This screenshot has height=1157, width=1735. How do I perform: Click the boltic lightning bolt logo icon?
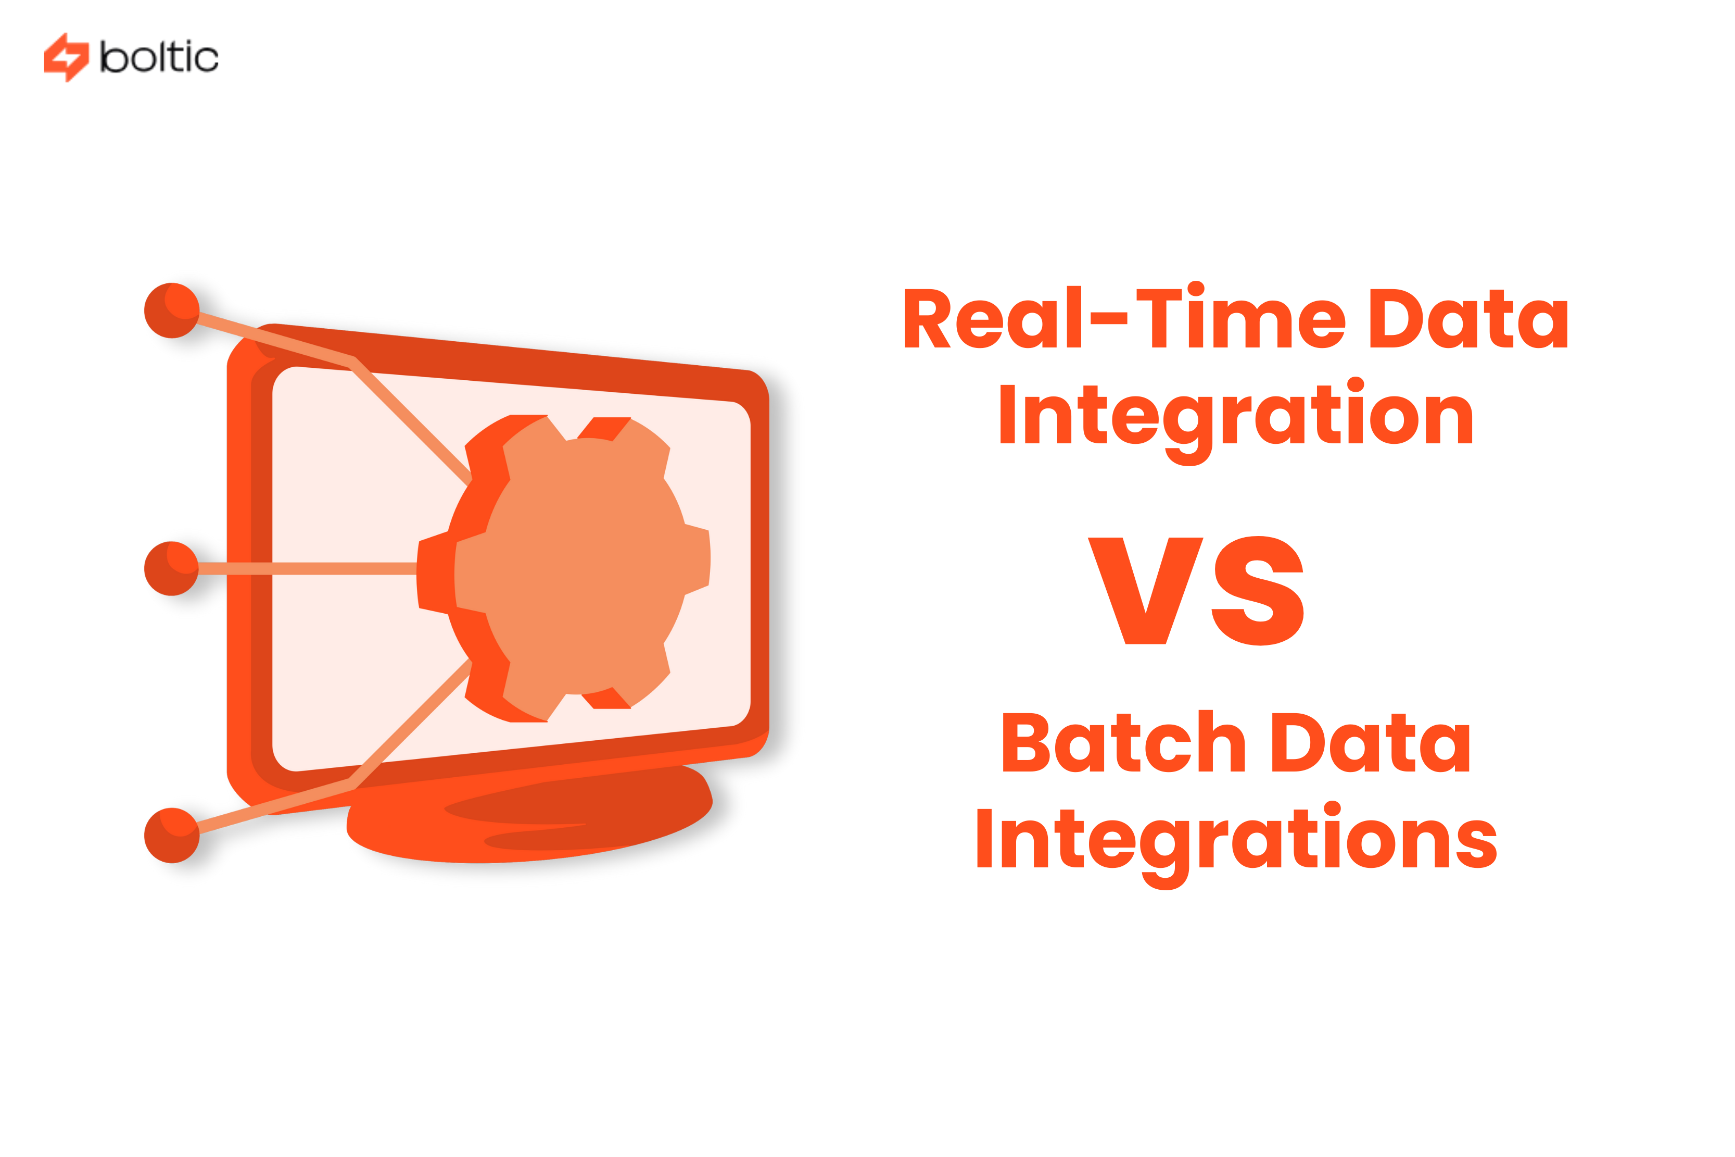tap(66, 57)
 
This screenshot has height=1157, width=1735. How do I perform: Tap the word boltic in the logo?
tap(159, 57)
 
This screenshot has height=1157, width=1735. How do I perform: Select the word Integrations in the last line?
tap(1236, 841)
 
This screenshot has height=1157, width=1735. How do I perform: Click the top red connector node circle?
tap(172, 310)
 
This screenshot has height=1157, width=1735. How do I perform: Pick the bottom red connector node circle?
tap(172, 835)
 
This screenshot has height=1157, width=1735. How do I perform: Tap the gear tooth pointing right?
tap(697, 558)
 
